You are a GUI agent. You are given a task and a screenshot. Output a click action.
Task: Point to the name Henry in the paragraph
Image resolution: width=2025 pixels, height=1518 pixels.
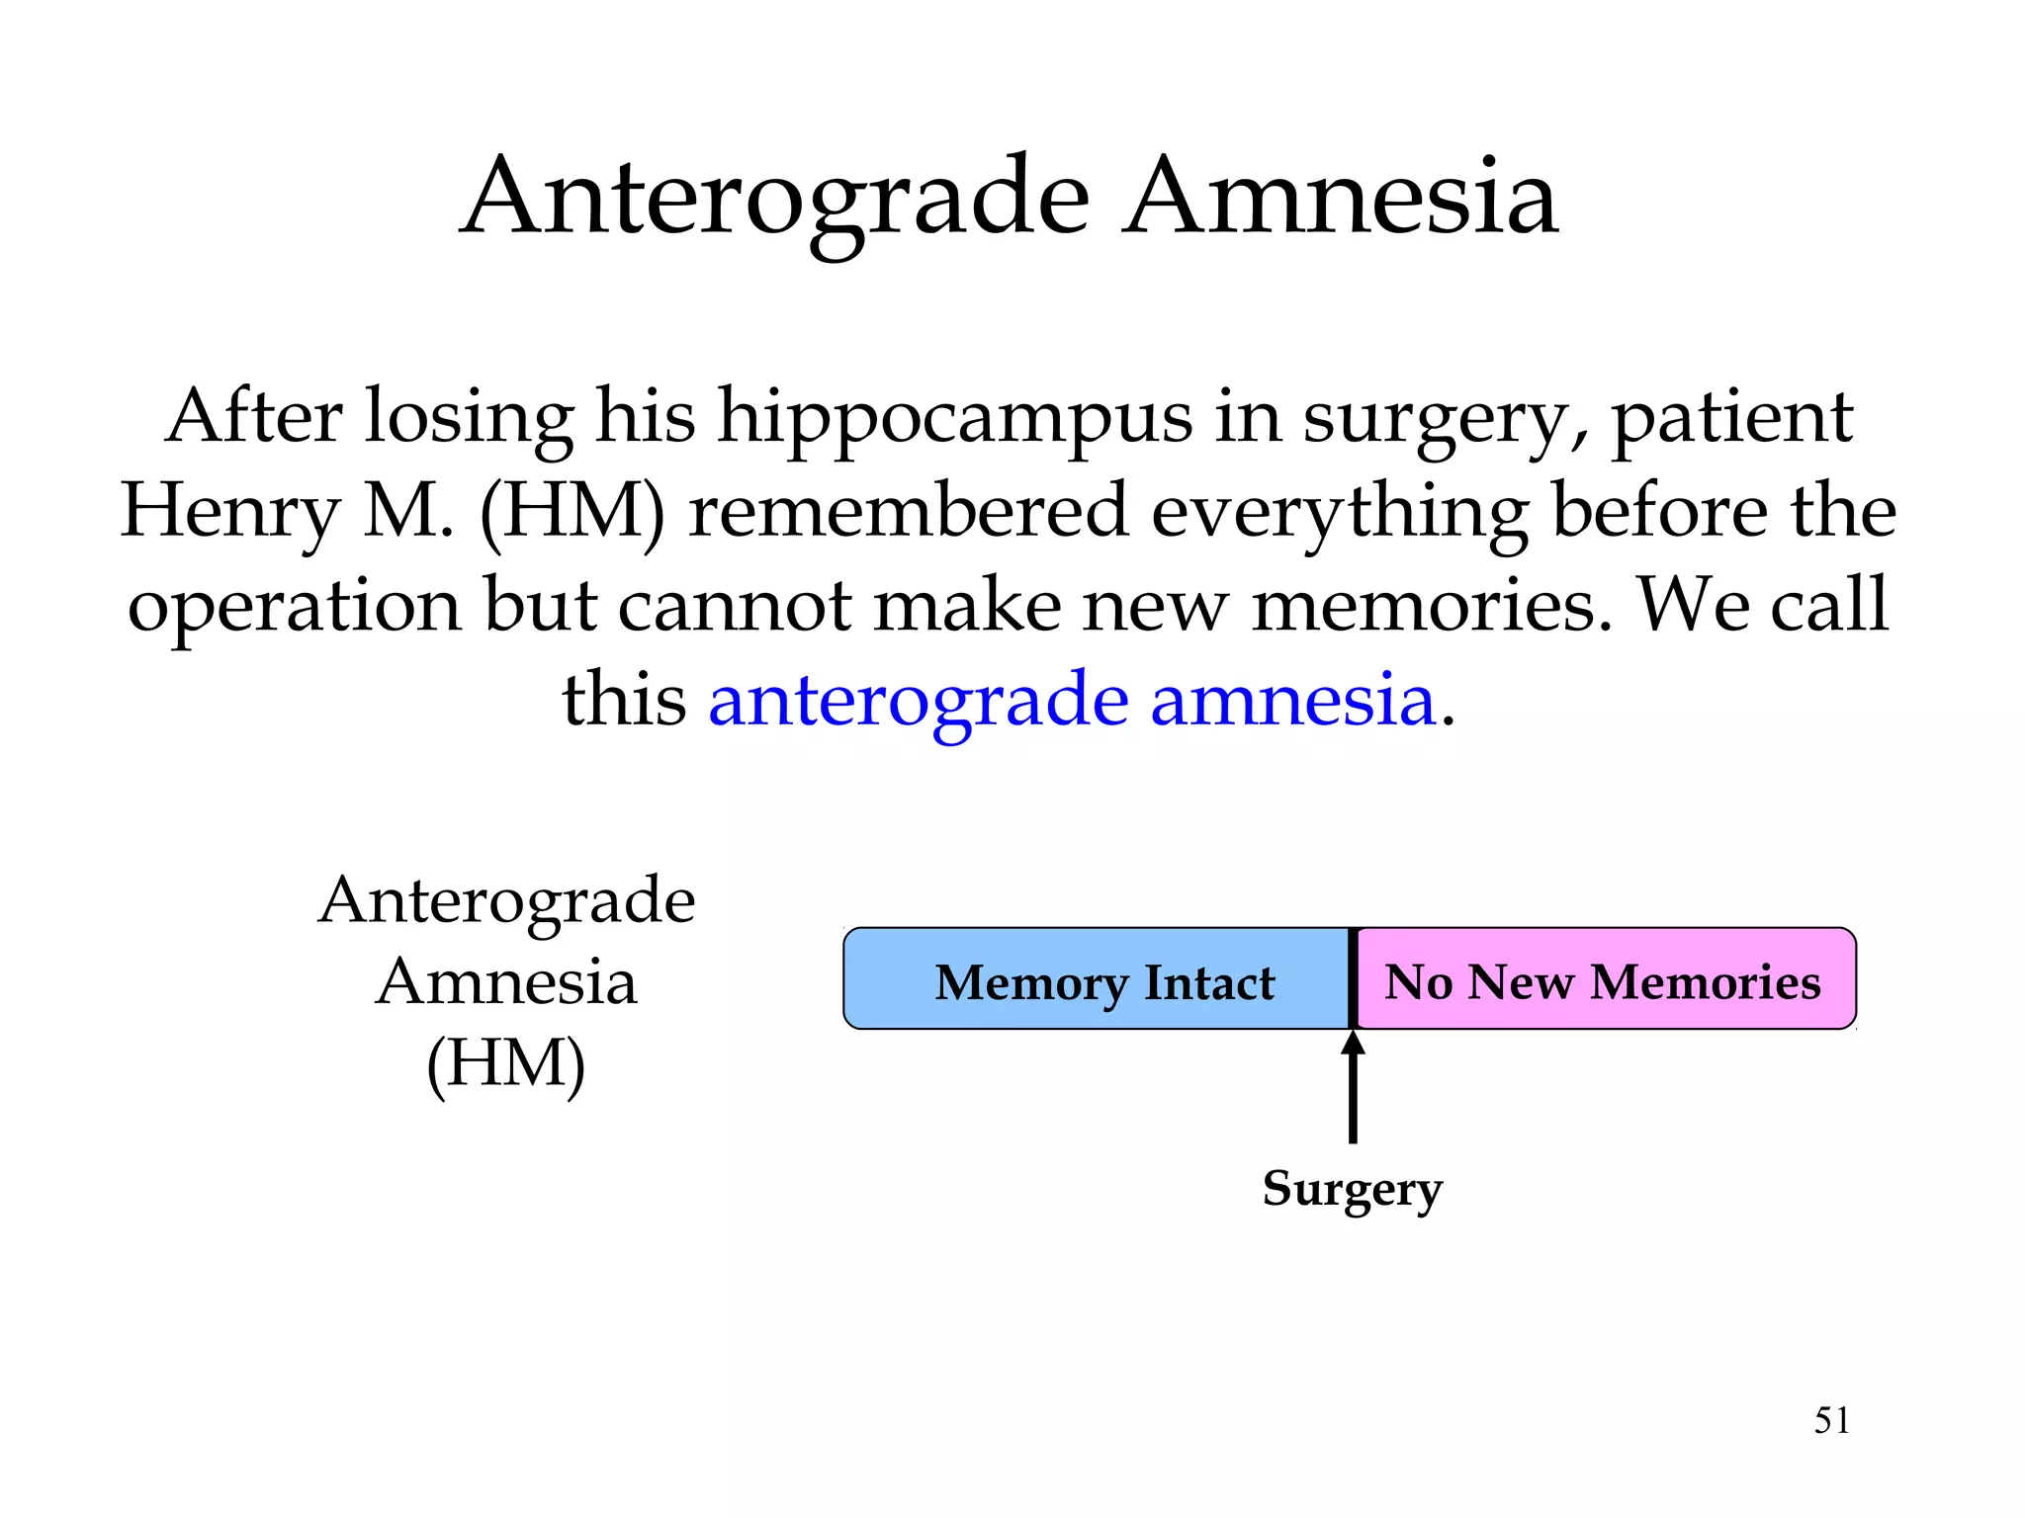coord(230,512)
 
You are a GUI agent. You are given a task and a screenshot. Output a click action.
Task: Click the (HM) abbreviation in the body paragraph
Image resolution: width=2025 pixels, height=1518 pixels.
coord(572,512)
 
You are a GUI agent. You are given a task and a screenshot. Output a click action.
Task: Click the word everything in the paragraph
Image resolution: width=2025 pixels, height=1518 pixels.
coord(1340,512)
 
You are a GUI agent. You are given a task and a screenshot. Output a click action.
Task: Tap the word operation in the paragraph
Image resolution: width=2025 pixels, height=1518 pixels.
coord(294,605)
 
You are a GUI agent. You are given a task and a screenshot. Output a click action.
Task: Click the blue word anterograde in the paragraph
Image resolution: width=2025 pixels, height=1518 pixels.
coord(918,700)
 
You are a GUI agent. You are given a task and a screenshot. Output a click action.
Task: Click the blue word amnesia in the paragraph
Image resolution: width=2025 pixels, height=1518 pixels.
coord(1292,700)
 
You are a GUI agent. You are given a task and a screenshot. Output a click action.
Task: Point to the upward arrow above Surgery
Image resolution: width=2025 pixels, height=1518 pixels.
coord(1353,1087)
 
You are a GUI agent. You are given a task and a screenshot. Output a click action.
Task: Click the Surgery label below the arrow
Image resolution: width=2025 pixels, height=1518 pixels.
coord(1353,1188)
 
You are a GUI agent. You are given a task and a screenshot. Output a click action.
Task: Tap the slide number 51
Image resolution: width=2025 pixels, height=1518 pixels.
coord(1831,1420)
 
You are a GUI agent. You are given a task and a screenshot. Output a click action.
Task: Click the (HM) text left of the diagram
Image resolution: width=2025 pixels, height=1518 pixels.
coord(505,1063)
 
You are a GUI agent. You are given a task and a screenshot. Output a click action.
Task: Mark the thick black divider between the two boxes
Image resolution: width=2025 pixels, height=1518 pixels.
coord(1353,978)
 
